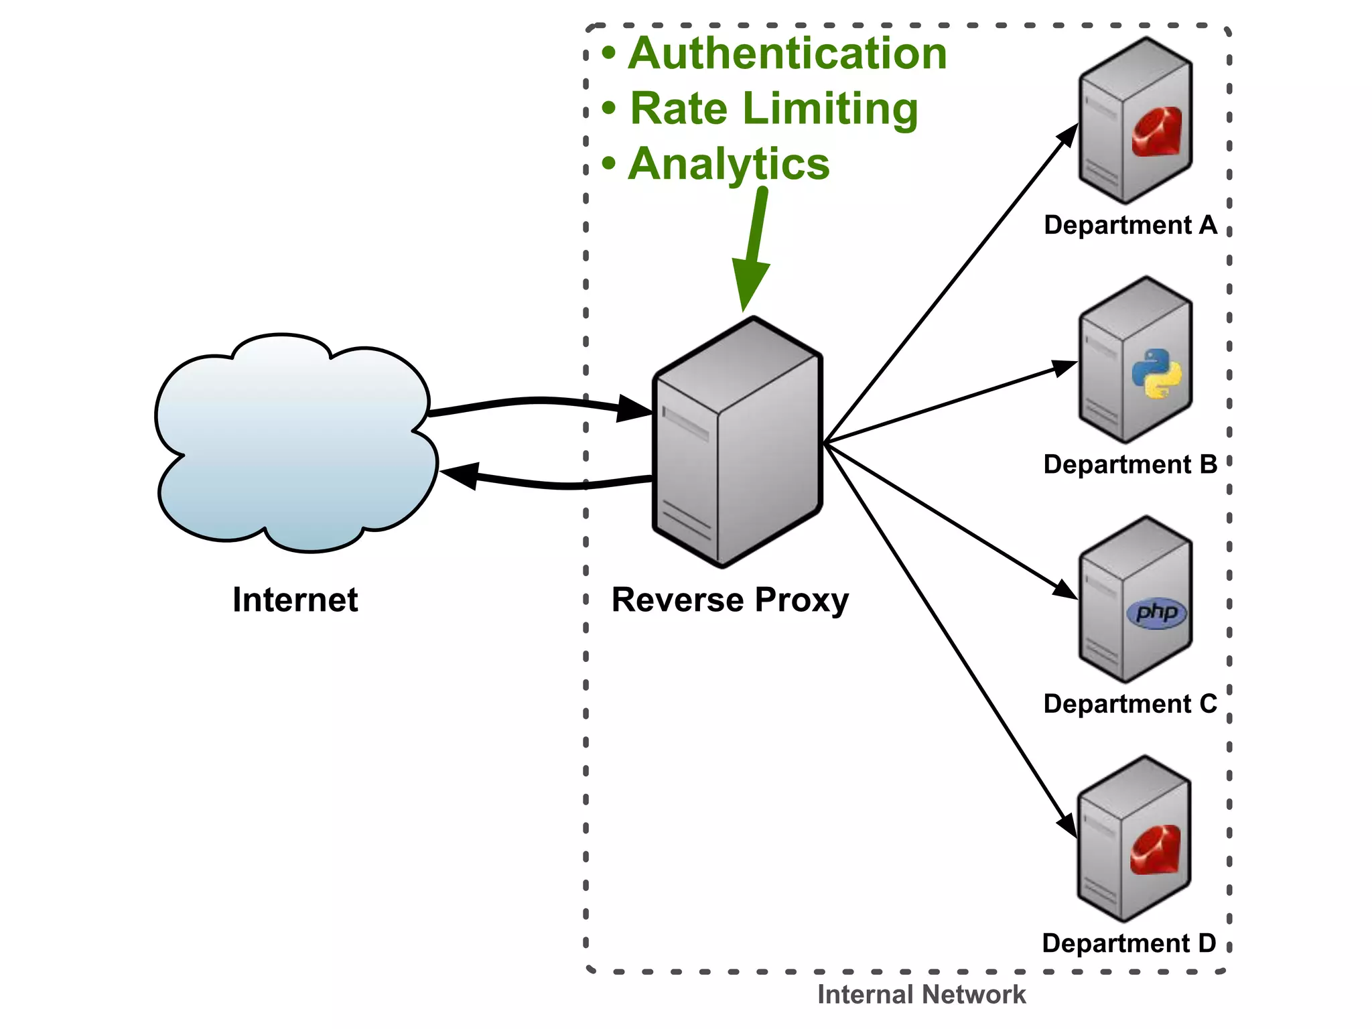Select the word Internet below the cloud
click(295, 600)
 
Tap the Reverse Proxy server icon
click(737, 442)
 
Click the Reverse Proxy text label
click(730, 600)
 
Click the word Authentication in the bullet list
click(787, 54)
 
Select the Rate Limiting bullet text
click(774, 109)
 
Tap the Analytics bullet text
click(729, 164)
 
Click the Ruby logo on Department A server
click(1157, 132)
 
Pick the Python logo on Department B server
click(1157, 373)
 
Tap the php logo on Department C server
click(1157, 612)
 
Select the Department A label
click(1130, 225)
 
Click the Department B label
click(1130, 464)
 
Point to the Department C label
click(1130, 704)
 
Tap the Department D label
click(1129, 943)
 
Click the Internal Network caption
click(921, 995)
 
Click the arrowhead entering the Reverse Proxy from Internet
click(633, 409)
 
